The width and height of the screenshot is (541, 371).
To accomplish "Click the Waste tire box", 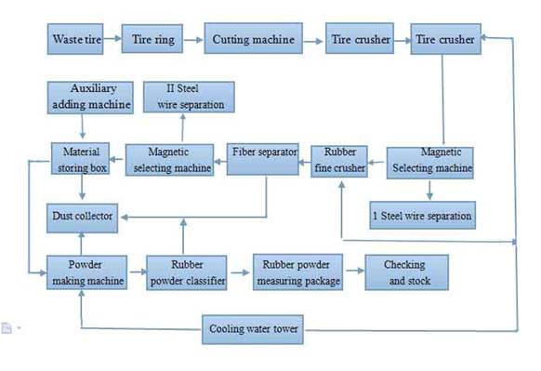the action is tap(75, 39).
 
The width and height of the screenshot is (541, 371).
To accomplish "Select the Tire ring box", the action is tap(152, 39).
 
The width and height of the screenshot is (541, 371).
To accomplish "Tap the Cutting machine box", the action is tap(253, 38).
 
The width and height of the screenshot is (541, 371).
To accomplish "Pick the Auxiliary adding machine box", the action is tap(90, 98).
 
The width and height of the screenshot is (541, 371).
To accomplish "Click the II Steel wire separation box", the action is tap(189, 97).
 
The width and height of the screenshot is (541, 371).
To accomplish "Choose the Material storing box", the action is tap(80, 159).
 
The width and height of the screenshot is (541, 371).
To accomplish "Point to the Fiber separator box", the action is tap(263, 159).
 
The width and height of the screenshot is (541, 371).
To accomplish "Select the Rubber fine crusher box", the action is tap(339, 161).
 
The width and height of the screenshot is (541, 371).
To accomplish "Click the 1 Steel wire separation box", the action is tap(423, 216).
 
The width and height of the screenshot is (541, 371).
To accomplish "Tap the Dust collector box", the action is tap(83, 218).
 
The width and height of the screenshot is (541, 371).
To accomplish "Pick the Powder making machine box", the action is tap(87, 272).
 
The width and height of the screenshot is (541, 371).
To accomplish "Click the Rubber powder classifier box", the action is tap(187, 272).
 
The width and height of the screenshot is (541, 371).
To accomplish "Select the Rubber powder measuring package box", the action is tap(297, 272).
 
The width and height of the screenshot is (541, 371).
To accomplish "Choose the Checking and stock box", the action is tap(407, 272).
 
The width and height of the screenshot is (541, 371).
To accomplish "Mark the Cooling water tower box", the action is tap(253, 329).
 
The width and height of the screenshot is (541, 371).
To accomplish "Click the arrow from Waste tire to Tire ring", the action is tap(112, 38).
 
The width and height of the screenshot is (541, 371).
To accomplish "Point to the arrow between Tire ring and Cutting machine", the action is tap(193, 40).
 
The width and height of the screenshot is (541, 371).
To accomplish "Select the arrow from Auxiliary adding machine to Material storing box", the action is tap(82, 126).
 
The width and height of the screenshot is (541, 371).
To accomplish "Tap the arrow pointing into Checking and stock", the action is tap(355, 271).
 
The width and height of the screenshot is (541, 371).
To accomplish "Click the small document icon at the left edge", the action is tap(7, 328).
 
